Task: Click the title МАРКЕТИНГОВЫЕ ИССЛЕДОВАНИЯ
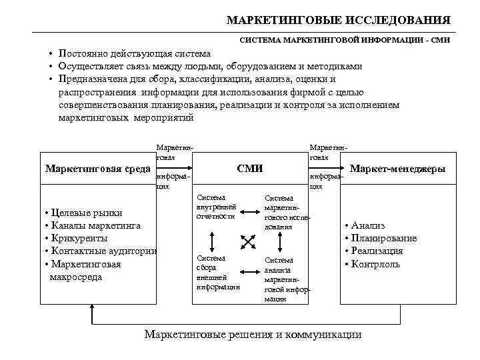(338, 20)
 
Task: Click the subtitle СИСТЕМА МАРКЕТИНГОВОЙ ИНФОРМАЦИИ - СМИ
(345, 40)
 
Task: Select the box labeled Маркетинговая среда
(97, 169)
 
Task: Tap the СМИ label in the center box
(250, 169)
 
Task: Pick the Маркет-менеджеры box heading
(397, 169)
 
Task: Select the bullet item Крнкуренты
(79, 238)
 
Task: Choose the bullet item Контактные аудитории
(100, 251)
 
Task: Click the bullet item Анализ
(367, 225)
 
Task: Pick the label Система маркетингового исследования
(286, 212)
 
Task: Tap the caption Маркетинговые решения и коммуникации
(253, 335)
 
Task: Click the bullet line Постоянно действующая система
(134, 53)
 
